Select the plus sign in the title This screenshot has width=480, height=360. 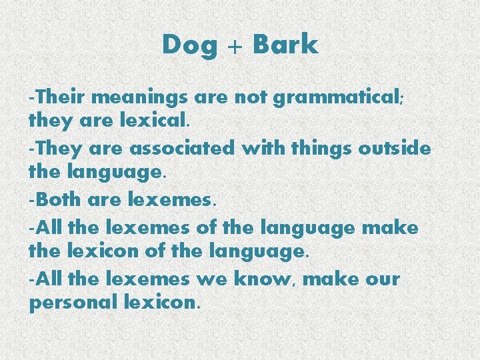(x=235, y=46)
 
